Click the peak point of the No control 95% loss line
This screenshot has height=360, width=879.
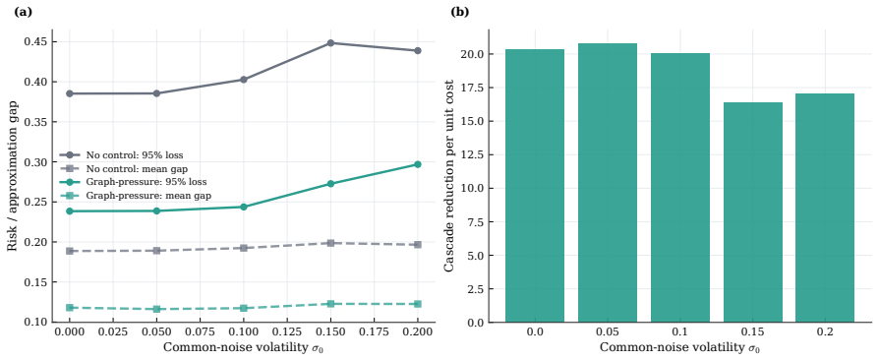(330, 42)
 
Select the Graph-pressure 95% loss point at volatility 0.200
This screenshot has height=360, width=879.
(418, 164)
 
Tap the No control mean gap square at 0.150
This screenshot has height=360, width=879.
(330, 243)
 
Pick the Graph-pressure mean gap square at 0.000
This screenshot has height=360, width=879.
(70, 307)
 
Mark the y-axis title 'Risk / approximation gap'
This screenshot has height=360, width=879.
(13, 175)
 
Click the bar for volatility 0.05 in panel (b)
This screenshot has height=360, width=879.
(608, 183)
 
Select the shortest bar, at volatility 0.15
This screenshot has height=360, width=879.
(753, 212)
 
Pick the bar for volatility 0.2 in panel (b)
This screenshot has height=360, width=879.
(825, 209)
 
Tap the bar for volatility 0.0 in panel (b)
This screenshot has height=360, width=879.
(535, 186)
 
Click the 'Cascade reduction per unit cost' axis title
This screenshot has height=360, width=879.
(449, 175)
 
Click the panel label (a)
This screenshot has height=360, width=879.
(23, 13)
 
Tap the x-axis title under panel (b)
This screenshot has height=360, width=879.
(680, 347)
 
